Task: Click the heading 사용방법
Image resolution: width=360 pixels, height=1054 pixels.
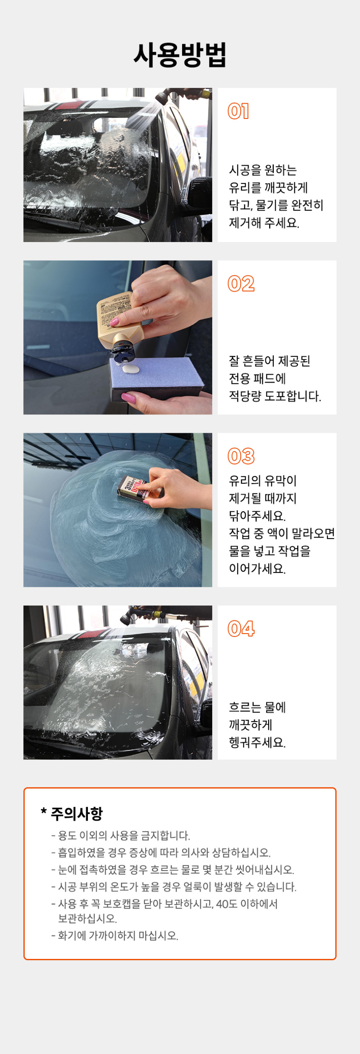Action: pos(180,55)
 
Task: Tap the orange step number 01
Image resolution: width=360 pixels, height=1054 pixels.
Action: pos(238,111)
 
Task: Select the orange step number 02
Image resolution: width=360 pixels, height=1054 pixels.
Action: pos(241,284)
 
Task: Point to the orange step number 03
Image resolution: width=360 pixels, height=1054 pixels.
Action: pos(241,456)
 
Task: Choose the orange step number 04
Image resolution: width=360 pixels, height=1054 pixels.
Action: pos(241,628)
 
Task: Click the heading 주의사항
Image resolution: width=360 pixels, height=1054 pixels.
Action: pos(72,813)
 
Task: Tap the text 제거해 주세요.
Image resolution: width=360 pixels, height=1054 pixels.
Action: pos(264,223)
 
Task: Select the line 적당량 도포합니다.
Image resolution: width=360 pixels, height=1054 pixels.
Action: pos(275,396)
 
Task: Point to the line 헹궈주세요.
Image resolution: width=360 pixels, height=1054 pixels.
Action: pos(257,742)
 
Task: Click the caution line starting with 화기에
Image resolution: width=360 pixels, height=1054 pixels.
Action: pos(115,936)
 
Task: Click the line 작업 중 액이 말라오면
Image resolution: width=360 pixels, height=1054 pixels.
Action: pos(282,533)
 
